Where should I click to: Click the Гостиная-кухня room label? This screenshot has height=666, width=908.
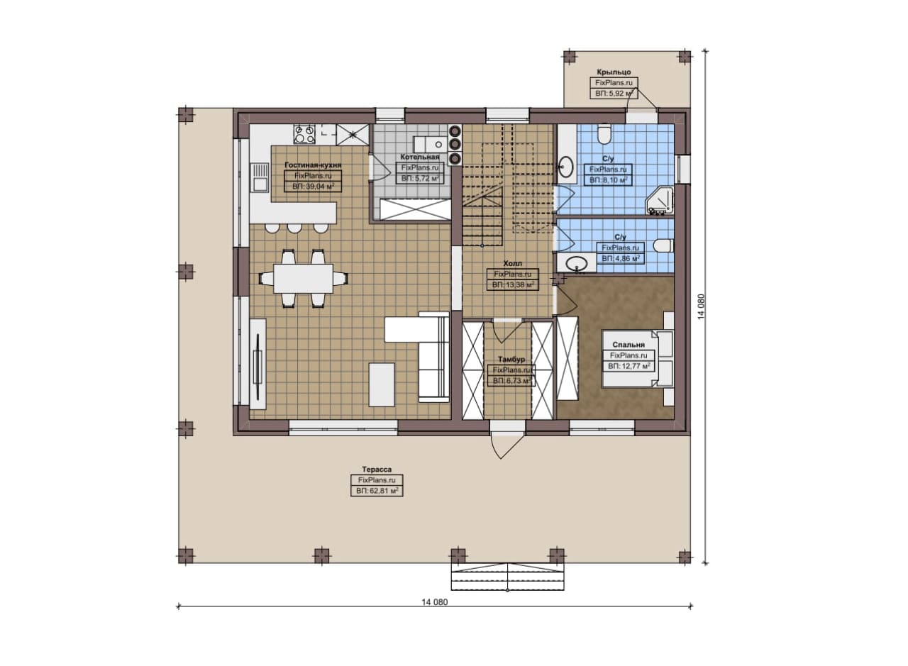(x=313, y=165)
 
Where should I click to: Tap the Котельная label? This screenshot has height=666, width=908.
(x=420, y=157)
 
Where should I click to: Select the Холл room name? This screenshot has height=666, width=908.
(x=513, y=263)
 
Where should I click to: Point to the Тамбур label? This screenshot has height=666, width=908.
(x=511, y=359)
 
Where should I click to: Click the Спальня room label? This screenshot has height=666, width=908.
(x=629, y=345)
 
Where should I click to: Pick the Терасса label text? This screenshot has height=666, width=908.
(x=377, y=470)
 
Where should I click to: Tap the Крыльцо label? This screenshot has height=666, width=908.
(x=614, y=72)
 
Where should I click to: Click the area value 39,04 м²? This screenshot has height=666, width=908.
(x=313, y=187)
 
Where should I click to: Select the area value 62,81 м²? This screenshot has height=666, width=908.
(x=377, y=491)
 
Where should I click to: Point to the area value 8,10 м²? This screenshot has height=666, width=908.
(x=608, y=180)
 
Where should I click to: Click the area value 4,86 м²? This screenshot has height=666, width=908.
(x=621, y=258)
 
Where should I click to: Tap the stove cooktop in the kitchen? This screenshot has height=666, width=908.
(x=305, y=134)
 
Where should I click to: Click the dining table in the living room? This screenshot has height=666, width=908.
(x=303, y=279)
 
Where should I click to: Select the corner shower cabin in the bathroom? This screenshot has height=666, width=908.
(x=660, y=200)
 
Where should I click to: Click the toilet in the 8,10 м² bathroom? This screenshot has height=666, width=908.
(x=604, y=134)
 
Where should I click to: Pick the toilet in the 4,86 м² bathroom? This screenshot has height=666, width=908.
(x=663, y=245)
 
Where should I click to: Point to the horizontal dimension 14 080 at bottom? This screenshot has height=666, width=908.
(x=435, y=614)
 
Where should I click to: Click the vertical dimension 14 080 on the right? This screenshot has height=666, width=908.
(x=702, y=307)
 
